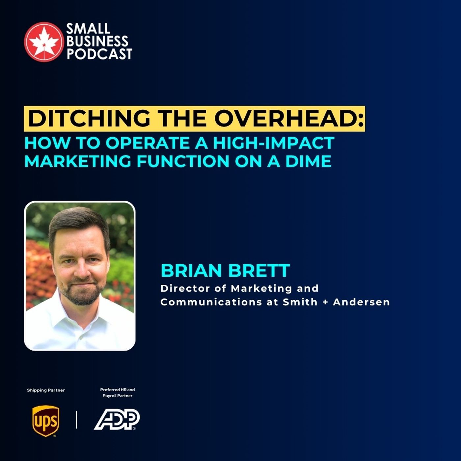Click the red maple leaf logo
tap(44, 41)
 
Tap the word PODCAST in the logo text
tap(99, 54)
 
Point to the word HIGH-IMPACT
tap(274, 143)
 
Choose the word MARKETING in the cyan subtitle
tap(78, 161)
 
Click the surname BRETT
tap(259, 271)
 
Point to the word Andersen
tap(361, 302)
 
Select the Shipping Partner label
tap(46, 390)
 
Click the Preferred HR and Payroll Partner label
tap(118, 393)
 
